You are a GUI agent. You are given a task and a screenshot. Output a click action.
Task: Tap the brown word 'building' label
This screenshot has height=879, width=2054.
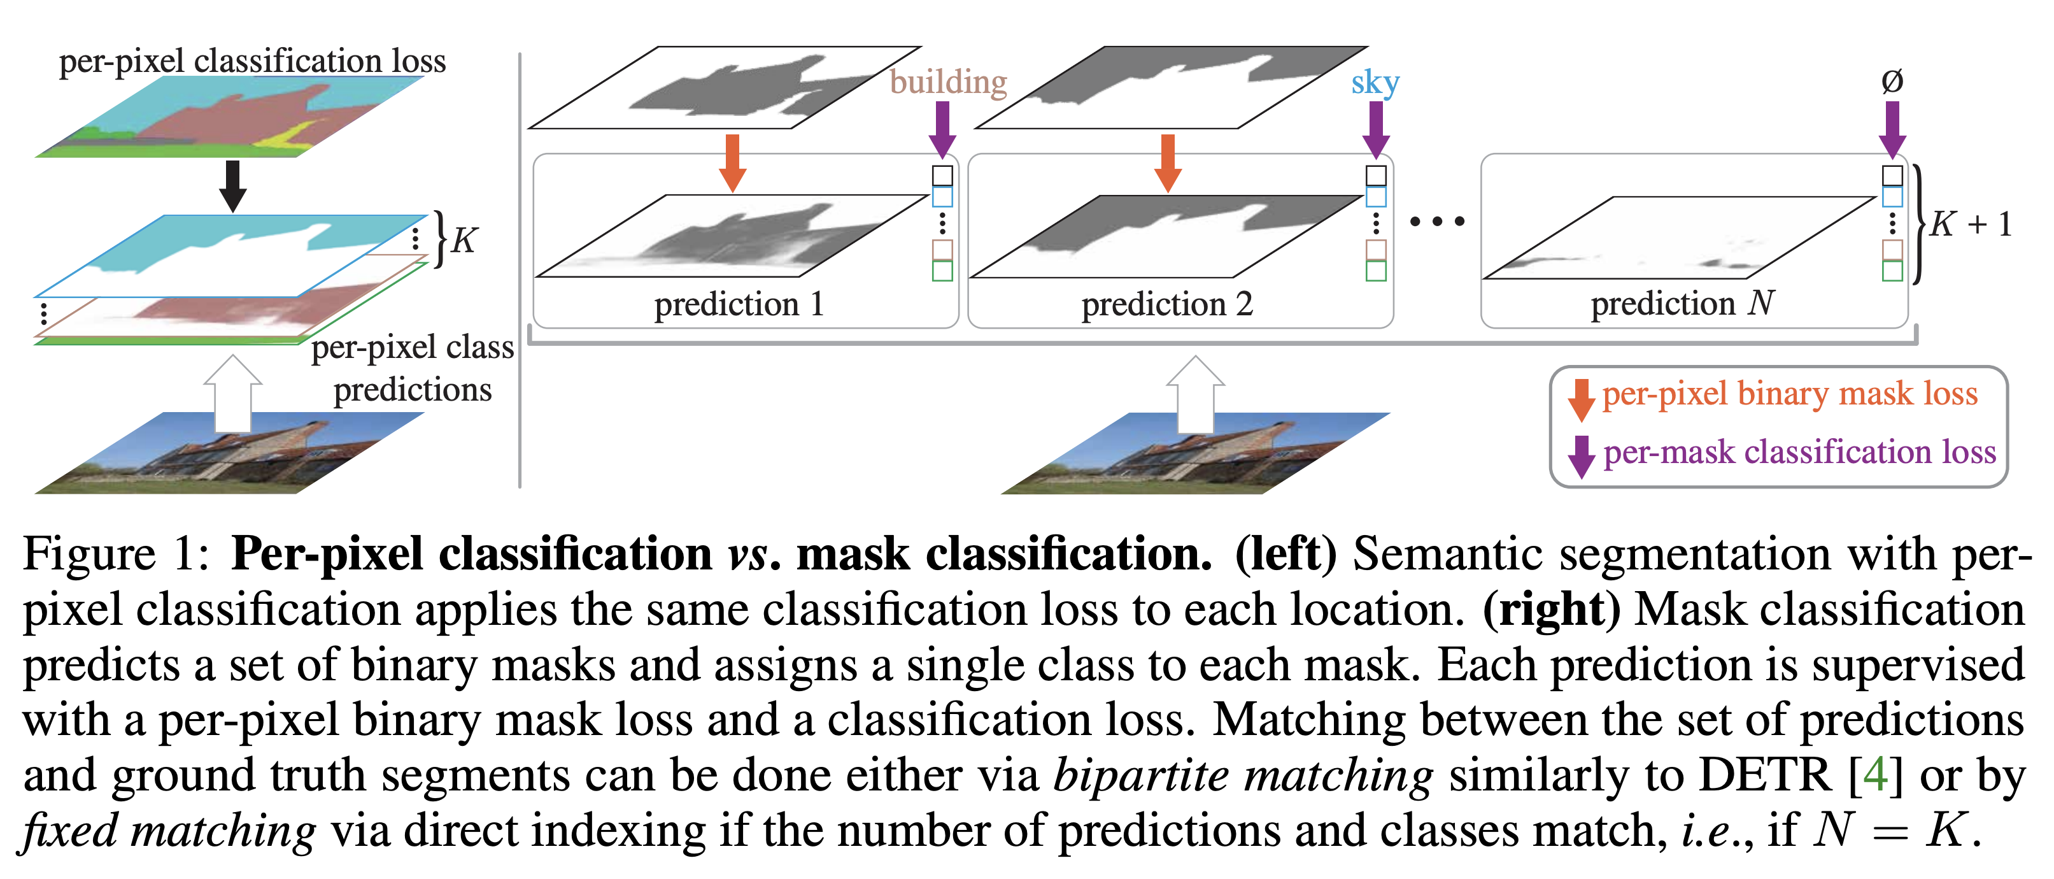coord(948,82)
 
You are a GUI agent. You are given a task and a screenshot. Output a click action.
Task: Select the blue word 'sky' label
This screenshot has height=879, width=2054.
coord(1375,82)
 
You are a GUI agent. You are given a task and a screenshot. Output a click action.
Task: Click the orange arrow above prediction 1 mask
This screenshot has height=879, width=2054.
coord(732,162)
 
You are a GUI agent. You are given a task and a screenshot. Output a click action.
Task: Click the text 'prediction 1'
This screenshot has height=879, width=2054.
coord(739,304)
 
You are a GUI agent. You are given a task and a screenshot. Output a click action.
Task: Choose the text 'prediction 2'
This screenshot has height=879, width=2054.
coord(1167,304)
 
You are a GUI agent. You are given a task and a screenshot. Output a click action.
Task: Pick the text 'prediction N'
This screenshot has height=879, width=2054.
coord(1682,304)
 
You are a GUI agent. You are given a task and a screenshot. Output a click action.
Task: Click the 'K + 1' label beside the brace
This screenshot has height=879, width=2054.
coord(1969,224)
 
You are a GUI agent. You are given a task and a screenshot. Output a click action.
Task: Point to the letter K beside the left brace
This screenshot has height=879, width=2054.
coord(464,239)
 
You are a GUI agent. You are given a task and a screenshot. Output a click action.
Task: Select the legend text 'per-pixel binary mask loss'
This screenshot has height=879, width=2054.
coord(1789,394)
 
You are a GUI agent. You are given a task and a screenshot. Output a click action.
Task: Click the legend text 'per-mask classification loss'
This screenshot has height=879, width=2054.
coord(1799,452)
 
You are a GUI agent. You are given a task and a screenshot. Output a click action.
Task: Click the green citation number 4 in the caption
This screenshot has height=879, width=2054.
coord(1875,775)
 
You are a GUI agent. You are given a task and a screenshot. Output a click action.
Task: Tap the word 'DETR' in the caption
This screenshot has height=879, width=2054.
coord(1764,775)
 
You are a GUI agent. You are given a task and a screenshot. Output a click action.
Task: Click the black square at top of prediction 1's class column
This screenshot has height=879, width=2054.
coord(942,175)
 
